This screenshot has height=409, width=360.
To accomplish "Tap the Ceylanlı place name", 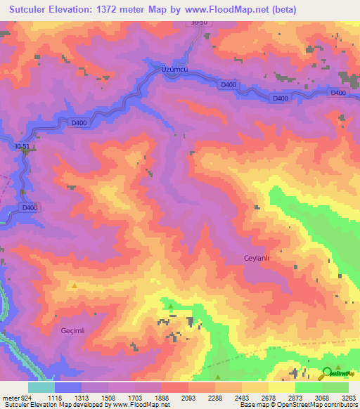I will click(257, 258).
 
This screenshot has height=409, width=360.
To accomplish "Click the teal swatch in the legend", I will click(41, 387).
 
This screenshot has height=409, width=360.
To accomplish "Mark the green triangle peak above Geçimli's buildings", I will click(170, 306).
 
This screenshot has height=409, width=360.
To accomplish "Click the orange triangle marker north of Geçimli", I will click(75, 285).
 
